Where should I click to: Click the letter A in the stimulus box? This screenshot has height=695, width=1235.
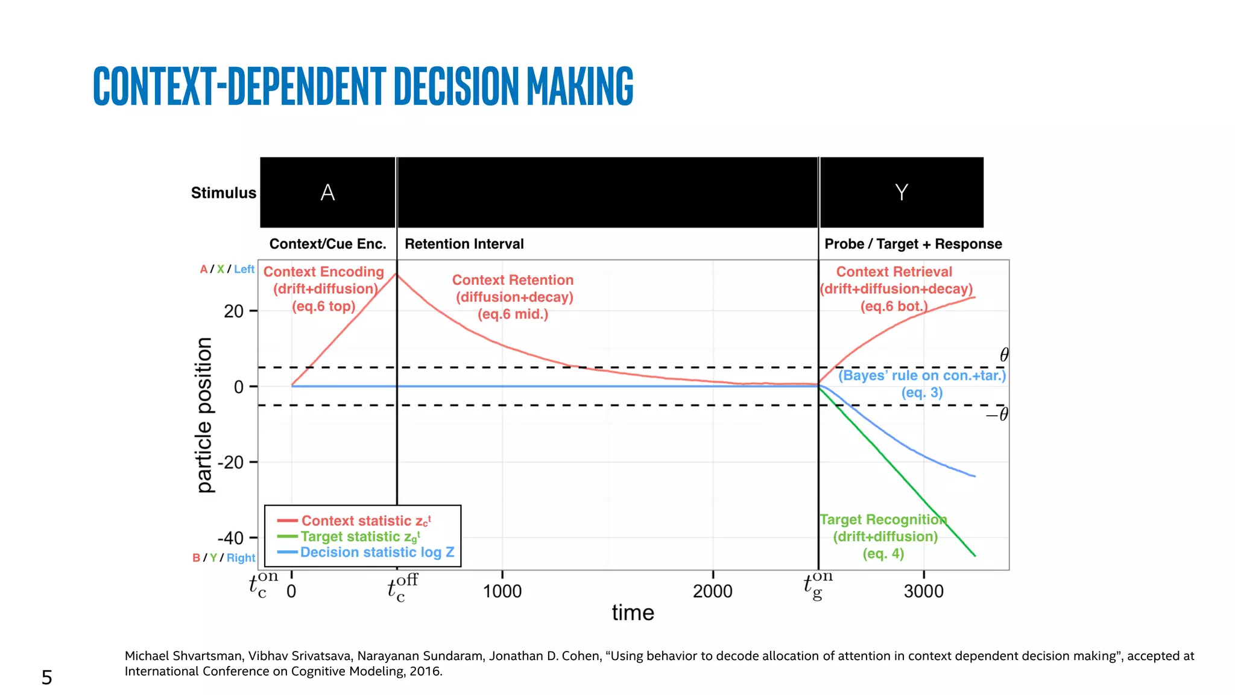pos(327,192)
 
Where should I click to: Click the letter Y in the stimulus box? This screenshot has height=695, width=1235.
pos(901,192)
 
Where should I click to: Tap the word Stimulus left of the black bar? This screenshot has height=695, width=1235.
pos(223,193)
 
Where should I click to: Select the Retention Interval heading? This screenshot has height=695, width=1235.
pos(464,244)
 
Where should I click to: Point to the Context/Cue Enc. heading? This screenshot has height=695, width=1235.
pos(327,244)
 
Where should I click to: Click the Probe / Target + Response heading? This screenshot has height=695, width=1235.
pos(913,244)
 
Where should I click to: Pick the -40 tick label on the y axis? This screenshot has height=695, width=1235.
pos(230,538)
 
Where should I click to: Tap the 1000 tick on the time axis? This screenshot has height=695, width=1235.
pos(502,591)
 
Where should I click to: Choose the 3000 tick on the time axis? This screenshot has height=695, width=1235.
pos(923,591)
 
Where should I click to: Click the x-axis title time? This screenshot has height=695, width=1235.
pos(633,613)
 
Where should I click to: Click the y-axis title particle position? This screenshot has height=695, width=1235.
pos(205,415)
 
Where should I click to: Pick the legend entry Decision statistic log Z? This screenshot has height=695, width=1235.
pos(377,552)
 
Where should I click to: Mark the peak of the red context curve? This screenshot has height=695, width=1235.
pos(396,274)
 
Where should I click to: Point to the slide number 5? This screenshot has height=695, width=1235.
pos(46,678)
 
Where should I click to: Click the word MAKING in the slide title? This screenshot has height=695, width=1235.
pos(580,86)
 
